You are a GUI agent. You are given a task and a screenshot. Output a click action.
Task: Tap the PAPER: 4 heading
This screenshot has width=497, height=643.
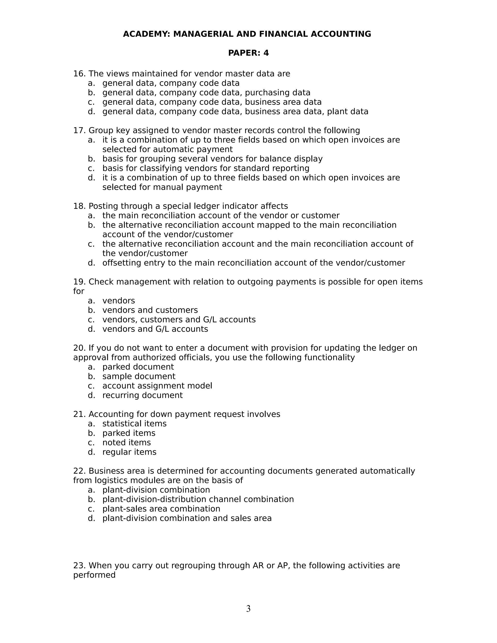point(248,53)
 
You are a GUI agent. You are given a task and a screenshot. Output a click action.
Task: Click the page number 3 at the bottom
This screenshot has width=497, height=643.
point(248,609)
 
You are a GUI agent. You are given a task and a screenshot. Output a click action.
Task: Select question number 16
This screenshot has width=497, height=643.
point(80,74)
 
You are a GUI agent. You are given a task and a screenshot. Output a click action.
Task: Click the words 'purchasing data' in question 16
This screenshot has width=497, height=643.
point(277,92)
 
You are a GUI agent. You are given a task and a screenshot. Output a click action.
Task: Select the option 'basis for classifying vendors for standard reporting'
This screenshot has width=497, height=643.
point(206,168)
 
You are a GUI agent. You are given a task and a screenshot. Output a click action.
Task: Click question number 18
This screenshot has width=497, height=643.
point(80,206)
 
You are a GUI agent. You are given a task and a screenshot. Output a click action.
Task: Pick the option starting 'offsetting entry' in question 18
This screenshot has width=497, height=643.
point(253,263)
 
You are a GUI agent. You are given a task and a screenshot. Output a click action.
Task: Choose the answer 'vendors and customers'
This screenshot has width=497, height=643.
point(150,310)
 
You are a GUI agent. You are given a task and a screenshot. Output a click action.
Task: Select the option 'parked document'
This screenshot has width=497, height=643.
point(138,367)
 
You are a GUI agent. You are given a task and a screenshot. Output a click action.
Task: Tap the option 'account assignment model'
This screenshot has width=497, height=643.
point(157,386)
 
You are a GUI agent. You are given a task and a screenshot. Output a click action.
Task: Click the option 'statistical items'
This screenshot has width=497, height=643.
point(134,424)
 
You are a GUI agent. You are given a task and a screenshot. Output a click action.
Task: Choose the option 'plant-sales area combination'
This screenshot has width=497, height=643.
point(161,509)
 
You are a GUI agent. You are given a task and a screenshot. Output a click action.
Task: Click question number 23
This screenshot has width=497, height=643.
point(80,566)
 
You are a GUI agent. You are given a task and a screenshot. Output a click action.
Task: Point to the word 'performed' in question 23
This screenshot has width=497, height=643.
point(94,575)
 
